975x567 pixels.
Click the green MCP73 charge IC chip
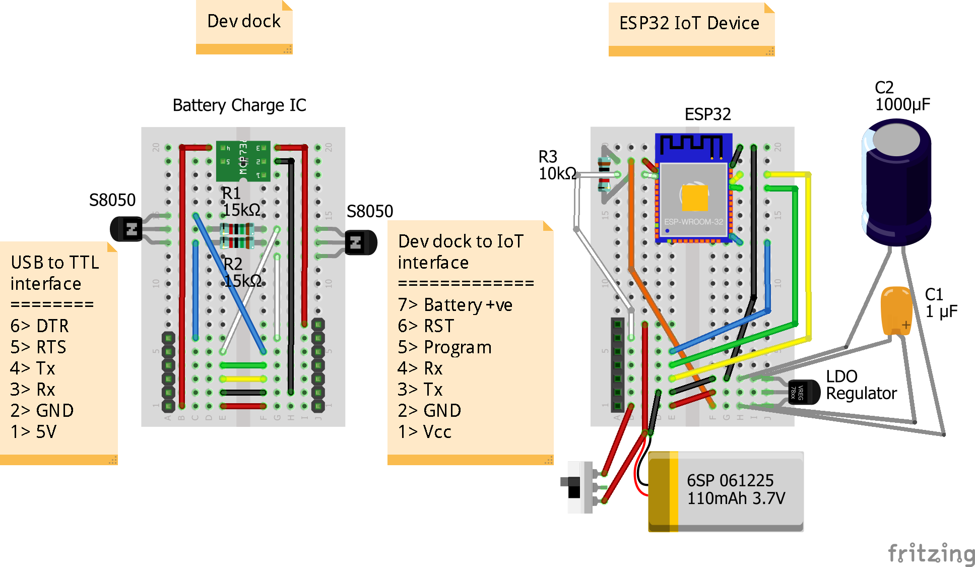(x=243, y=161)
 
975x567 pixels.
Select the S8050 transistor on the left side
(x=126, y=229)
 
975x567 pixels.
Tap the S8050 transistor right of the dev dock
(x=361, y=242)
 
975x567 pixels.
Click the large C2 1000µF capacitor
(x=897, y=181)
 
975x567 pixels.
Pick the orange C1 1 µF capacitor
(x=896, y=310)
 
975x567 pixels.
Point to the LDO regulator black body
(x=803, y=392)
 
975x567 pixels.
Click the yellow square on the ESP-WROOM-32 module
(x=695, y=198)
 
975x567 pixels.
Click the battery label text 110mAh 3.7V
(x=736, y=498)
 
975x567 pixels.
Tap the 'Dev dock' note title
(x=244, y=21)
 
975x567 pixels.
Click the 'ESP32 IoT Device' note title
(x=689, y=23)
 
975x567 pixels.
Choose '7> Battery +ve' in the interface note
(x=455, y=305)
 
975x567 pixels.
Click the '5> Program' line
(x=444, y=347)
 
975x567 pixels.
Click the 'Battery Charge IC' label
(x=239, y=105)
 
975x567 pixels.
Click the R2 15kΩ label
(x=242, y=273)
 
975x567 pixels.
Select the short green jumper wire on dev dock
(x=243, y=365)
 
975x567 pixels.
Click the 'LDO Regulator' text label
(x=861, y=385)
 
